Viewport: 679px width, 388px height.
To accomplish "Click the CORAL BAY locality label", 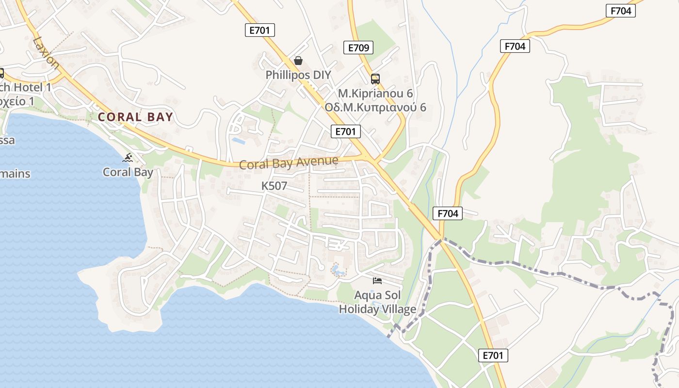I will pos(135,117).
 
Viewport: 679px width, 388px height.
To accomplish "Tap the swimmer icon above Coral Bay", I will pos(128,158).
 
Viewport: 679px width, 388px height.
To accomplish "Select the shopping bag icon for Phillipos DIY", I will pos(298,61).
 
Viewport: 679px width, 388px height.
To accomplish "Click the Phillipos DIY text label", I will pos(298,75).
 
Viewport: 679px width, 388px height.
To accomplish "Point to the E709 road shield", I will pos(359,48).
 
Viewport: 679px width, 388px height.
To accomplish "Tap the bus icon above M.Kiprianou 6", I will pos(375,79).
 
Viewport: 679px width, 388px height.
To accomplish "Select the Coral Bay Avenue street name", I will pos(289,162).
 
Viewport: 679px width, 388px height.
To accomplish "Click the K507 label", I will pos(274,186).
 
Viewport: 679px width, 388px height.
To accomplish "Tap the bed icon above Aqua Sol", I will pos(377,281).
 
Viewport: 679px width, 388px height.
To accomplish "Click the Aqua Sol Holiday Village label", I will pos(377,302).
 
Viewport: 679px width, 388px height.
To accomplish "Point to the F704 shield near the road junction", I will pos(447,213).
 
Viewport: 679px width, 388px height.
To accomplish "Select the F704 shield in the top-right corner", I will pos(621,11).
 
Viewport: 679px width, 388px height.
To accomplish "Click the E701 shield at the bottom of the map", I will pos(493,356).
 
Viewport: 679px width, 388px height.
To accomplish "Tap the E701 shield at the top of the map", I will pos(259,31).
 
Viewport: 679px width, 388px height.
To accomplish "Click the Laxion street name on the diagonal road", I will pos(46,52).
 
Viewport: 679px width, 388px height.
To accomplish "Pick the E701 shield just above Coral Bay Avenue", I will pos(346,131).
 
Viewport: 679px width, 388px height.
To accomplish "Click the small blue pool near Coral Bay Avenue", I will pos(238,141).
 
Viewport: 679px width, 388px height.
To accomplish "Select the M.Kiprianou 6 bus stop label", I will pos(375,93).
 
